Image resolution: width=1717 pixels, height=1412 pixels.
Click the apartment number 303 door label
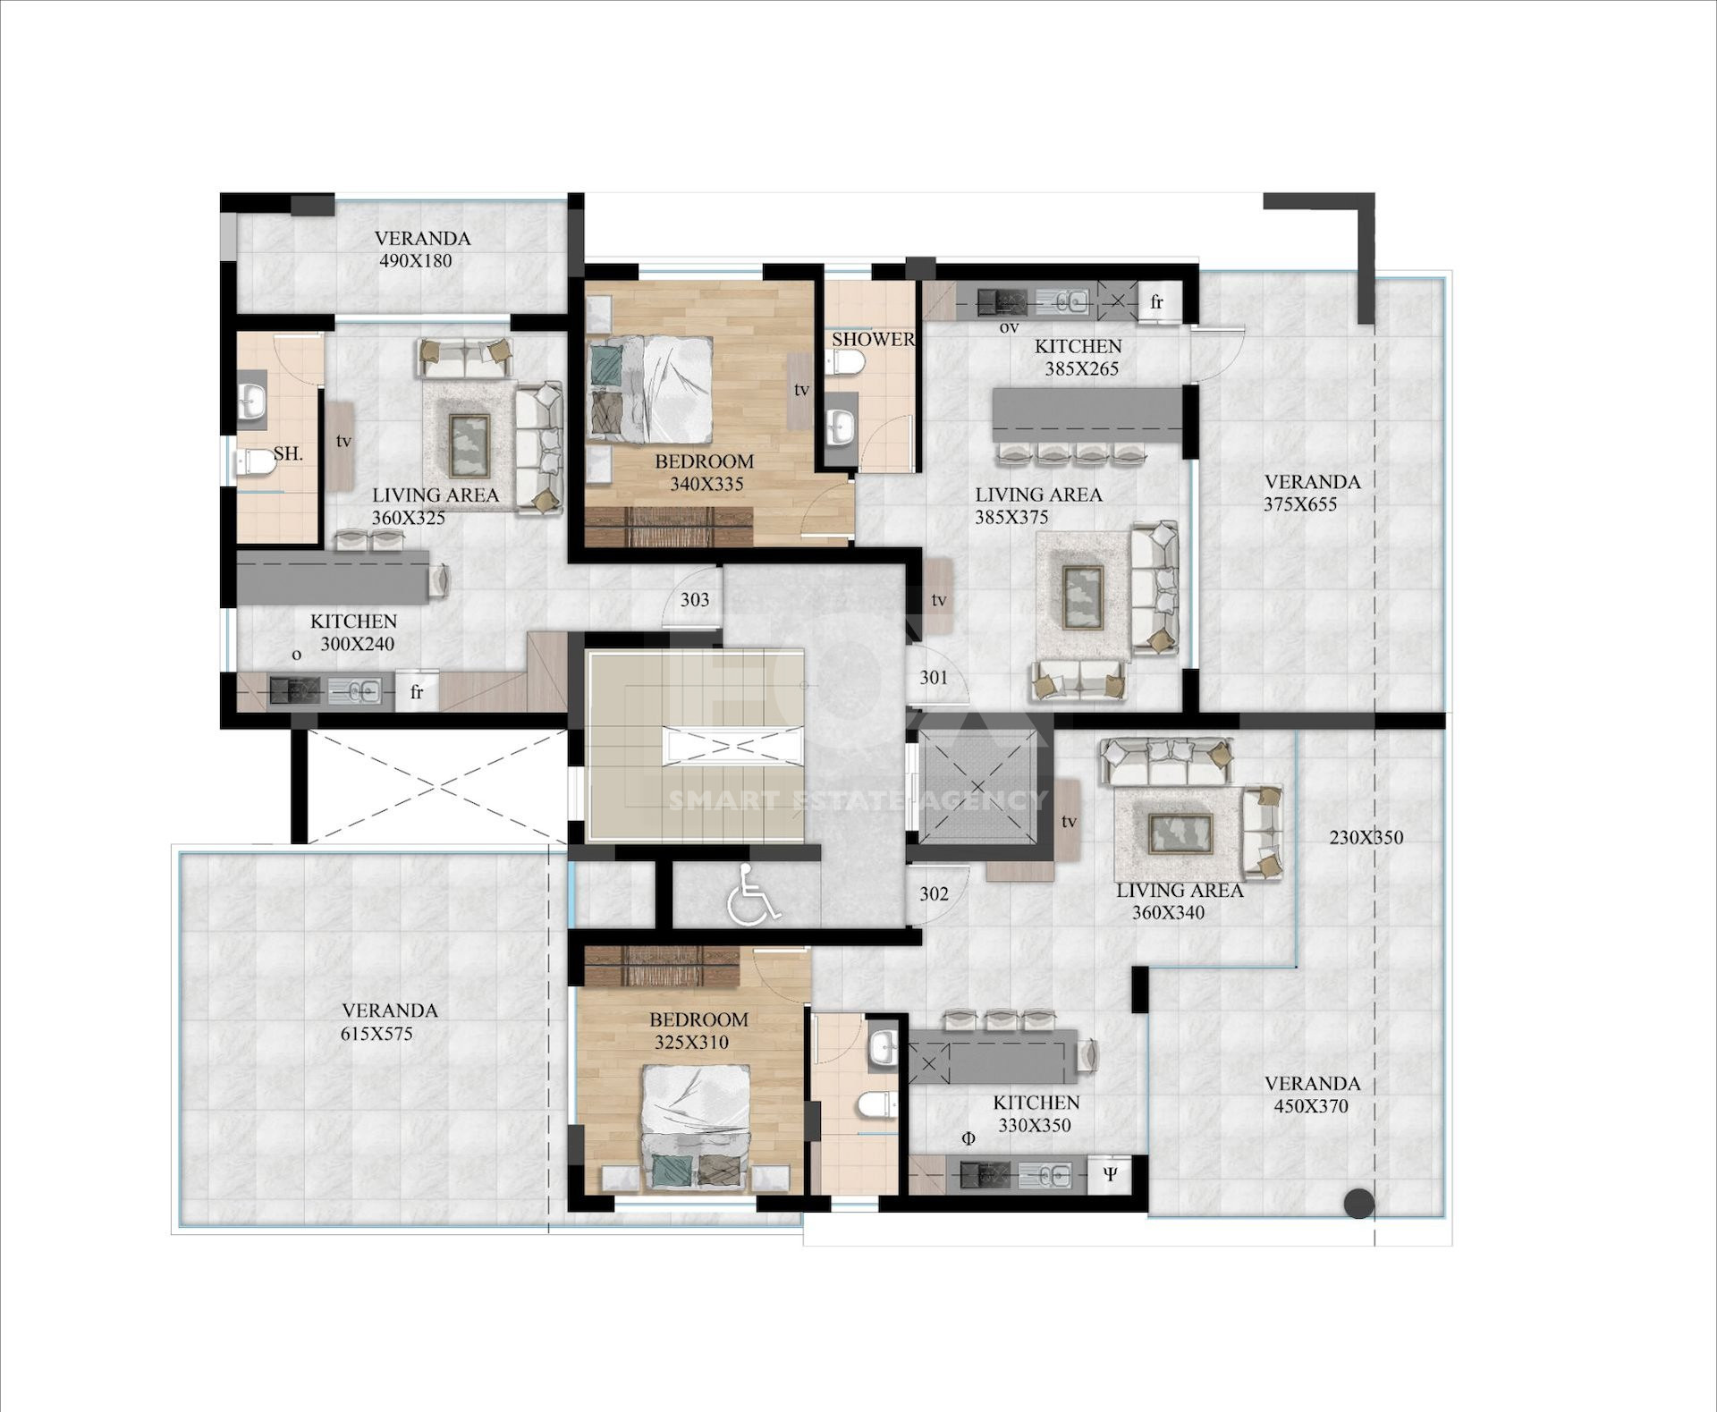[695, 599]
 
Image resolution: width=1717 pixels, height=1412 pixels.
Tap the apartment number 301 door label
[934, 677]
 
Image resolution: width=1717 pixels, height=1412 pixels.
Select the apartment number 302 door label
[934, 893]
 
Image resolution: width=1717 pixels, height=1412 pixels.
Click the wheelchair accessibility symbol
[753, 894]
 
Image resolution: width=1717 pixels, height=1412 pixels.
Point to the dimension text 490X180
[416, 261]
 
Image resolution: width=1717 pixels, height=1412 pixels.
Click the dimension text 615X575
[376, 1034]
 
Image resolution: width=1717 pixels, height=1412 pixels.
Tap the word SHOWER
[873, 339]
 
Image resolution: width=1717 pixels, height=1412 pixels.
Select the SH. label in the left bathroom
[288, 453]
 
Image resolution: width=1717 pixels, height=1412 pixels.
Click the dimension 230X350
[1366, 838]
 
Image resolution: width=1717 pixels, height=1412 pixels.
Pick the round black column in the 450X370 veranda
[1359, 1204]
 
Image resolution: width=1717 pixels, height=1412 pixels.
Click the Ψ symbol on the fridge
[1110, 1174]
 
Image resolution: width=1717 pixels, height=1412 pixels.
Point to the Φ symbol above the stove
[968, 1138]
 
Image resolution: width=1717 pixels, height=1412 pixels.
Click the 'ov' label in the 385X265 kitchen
[1009, 327]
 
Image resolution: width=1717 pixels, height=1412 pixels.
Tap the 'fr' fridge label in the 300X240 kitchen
[417, 692]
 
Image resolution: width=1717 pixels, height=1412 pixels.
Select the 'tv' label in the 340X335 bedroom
[801, 390]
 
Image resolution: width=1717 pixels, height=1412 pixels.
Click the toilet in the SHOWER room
[845, 362]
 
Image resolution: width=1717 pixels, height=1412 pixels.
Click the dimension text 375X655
[1300, 504]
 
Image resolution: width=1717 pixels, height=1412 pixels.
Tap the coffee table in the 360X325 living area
[469, 445]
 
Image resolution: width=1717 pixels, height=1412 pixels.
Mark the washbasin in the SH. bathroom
[252, 396]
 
